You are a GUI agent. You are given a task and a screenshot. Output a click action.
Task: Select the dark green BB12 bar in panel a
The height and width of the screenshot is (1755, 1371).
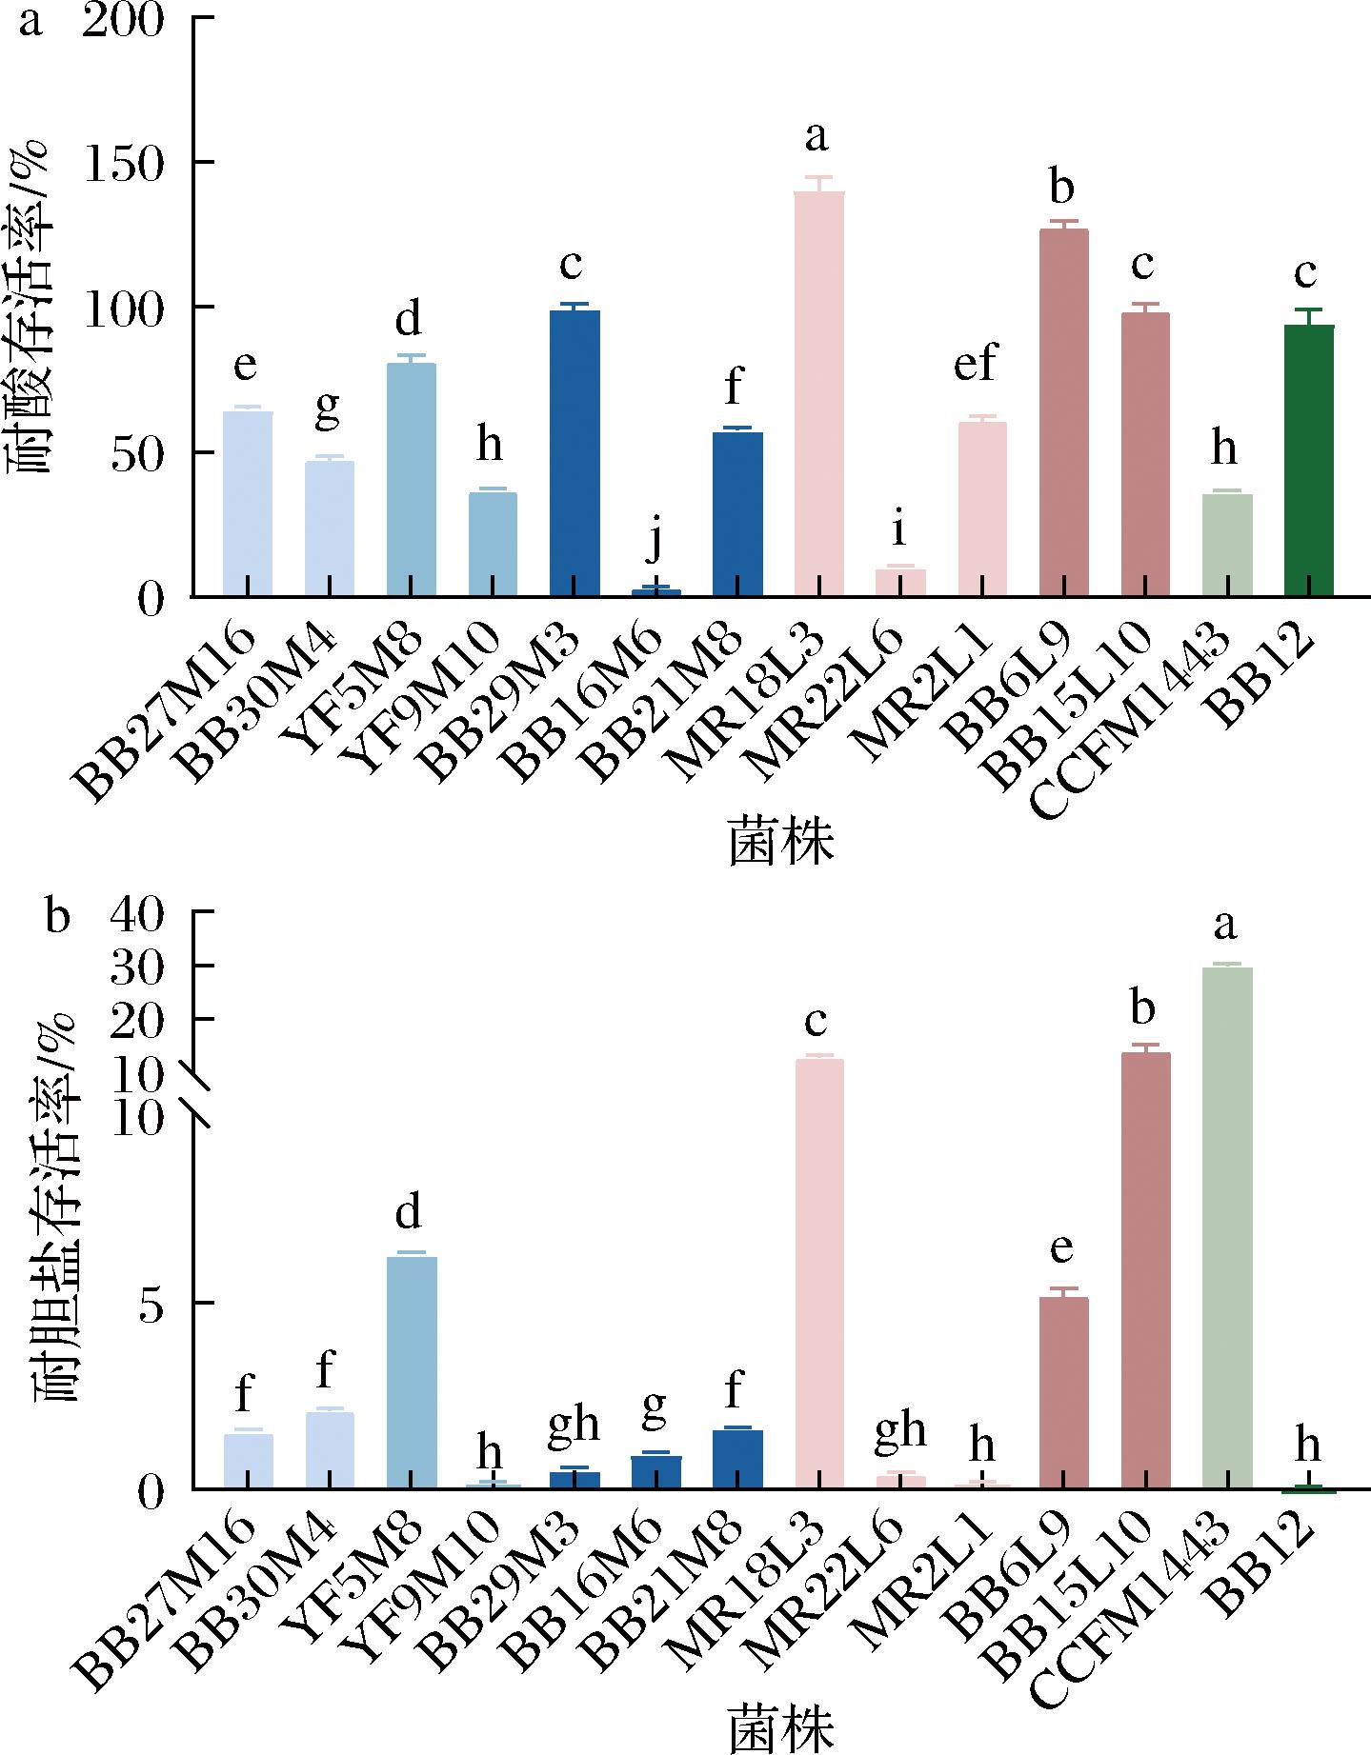(1308, 461)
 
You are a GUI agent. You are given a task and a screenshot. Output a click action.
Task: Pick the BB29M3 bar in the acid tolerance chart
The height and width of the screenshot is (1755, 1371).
(575, 453)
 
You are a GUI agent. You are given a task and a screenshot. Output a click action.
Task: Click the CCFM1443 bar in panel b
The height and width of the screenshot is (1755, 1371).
(1227, 1228)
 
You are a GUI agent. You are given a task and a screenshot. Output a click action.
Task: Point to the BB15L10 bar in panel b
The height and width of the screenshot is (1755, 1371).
(1145, 1271)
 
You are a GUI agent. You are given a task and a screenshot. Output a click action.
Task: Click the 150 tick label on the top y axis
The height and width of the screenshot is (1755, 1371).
(125, 164)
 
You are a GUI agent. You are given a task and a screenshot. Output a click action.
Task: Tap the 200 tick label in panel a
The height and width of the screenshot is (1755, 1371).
(125, 21)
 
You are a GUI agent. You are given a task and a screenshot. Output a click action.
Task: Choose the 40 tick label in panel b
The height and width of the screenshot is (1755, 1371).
(139, 913)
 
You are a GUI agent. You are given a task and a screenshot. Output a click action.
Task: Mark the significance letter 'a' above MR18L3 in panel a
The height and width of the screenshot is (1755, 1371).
(817, 138)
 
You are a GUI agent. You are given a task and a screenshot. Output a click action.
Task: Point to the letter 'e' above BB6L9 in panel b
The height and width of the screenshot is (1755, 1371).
(1062, 1249)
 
